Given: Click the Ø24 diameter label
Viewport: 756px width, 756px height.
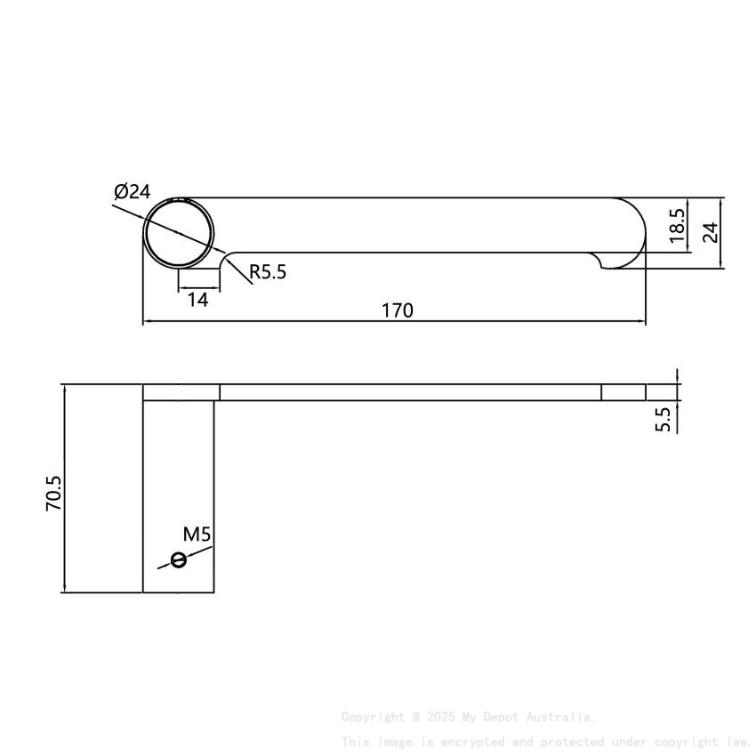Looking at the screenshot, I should coord(133,191).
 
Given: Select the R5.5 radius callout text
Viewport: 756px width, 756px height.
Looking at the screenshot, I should coord(268,272).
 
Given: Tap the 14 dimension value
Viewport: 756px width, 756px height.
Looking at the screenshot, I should coord(197,300).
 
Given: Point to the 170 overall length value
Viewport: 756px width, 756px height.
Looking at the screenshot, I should coord(397,310).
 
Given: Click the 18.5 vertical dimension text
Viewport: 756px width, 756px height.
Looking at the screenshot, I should coord(677,226).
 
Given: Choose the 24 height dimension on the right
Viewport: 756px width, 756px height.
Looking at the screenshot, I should coord(710,232).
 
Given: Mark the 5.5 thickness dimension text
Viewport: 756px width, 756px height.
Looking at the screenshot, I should coord(664,419).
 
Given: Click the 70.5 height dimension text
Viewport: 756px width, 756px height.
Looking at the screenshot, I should coord(53,493).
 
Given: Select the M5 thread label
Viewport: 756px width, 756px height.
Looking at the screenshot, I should coord(197,535).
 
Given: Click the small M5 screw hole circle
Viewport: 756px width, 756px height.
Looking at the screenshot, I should coord(179,559).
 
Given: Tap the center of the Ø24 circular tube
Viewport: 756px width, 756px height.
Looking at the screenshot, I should coord(181,232).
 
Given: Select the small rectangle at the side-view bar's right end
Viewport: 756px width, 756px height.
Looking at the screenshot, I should coord(623,392).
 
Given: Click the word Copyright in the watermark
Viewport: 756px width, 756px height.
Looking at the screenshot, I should coord(373,717).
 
